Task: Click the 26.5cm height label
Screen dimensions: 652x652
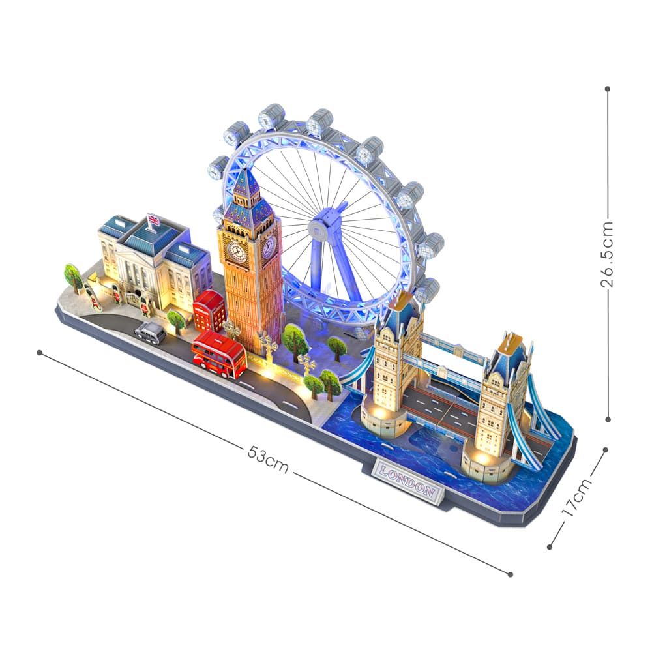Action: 606,254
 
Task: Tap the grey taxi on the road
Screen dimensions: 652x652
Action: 150,333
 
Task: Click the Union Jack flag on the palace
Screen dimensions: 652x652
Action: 153,220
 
